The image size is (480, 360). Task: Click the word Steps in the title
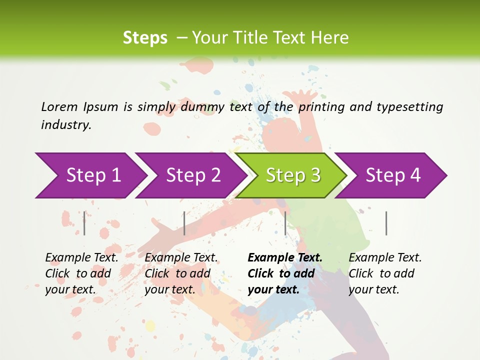tap(145, 38)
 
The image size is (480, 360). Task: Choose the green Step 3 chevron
tap(293, 175)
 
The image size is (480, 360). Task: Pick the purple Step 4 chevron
tap(393, 175)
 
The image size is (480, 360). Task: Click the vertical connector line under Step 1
tap(84, 223)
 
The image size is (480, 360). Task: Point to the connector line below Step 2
tap(184, 223)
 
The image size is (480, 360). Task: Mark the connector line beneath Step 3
tap(285, 223)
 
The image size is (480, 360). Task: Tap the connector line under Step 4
tap(386, 223)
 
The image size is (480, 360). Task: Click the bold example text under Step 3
tap(285, 273)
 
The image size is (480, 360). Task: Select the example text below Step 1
tap(81, 273)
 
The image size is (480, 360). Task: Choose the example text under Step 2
tap(181, 273)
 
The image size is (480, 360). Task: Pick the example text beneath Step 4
tap(385, 273)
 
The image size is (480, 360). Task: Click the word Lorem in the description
tap(59, 106)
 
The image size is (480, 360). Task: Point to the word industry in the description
tap(66, 125)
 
